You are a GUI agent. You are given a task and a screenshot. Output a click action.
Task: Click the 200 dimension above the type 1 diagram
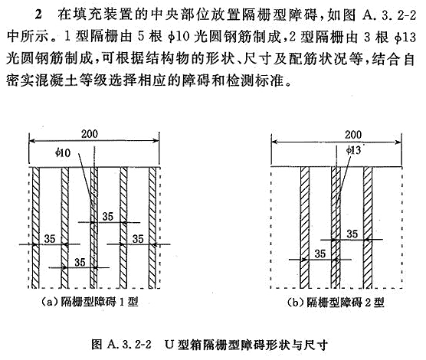90,134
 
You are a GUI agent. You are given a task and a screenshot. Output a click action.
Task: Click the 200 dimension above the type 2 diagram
353,135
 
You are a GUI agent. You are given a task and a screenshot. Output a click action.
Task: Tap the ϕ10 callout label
63,153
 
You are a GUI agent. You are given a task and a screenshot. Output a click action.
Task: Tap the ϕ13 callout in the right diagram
353,150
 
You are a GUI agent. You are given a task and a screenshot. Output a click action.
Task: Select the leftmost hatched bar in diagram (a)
36,227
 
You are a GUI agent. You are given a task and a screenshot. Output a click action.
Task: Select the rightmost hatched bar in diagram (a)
152,227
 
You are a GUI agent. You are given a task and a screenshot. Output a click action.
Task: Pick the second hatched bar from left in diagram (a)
64,227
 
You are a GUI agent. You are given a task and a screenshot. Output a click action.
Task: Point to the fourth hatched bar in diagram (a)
123,227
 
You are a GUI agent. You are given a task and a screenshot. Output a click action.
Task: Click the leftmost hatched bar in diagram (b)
305,227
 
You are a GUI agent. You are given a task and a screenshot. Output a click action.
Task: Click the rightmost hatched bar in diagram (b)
368,227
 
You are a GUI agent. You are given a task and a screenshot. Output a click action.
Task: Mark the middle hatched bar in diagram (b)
336,227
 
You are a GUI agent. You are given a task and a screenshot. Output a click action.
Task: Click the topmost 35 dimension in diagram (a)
108,217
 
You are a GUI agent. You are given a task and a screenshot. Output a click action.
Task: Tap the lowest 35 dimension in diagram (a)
80,262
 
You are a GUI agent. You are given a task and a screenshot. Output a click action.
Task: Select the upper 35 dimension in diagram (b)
352,234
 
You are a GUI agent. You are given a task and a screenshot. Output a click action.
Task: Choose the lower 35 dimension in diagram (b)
320,254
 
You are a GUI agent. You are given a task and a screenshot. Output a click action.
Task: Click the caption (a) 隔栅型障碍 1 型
90,302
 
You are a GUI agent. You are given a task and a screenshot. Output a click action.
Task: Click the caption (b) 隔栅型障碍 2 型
336,303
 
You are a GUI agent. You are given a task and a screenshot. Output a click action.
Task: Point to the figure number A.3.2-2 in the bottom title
129,345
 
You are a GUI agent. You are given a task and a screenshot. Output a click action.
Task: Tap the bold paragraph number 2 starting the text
38,15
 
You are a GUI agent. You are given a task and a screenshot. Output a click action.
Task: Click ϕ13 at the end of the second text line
405,37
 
